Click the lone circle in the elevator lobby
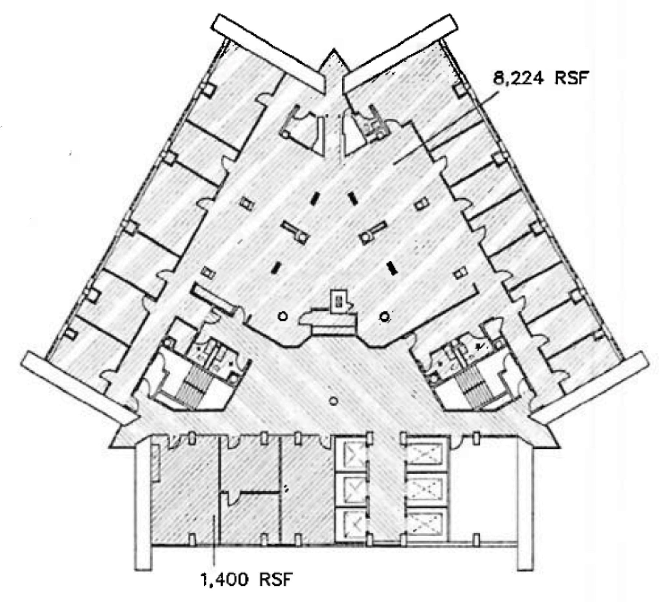(333, 401)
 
